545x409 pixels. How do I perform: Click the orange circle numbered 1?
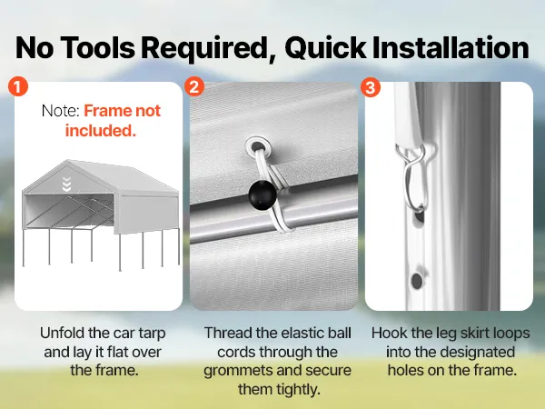pyautogui.click(x=18, y=86)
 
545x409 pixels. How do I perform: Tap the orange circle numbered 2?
pyautogui.click(x=194, y=86)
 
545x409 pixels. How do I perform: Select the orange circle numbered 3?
pyautogui.click(x=371, y=86)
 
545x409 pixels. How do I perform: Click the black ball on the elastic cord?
pyautogui.click(x=263, y=195)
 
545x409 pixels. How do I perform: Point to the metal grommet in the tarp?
pyautogui.click(x=256, y=146)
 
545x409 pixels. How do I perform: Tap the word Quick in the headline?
pyautogui.click(x=325, y=48)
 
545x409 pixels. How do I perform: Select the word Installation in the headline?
pyautogui.click(x=451, y=47)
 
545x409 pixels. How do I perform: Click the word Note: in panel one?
pyautogui.click(x=61, y=111)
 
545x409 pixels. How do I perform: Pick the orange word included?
pyautogui.click(x=101, y=131)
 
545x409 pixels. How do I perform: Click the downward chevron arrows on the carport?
pyautogui.click(x=66, y=184)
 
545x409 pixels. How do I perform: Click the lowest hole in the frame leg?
pyautogui.click(x=417, y=280)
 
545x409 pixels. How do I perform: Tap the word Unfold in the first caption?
pyautogui.click(x=62, y=333)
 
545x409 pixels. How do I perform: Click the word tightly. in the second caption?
pyautogui.click(x=279, y=389)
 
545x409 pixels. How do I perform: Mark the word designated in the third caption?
pyautogui.click(x=477, y=352)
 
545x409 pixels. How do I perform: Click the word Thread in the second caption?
pyautogui.click(x=228, y=333)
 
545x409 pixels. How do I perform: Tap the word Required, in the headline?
pyautogui.click(x=208, y=48)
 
